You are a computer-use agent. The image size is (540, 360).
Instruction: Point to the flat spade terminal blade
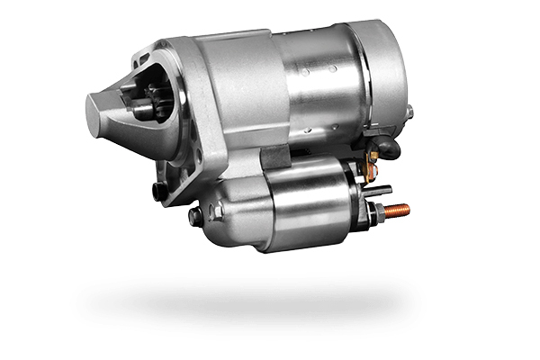(x=382, y=190)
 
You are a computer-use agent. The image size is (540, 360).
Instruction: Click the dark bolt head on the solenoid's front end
(x=194, y=216)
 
